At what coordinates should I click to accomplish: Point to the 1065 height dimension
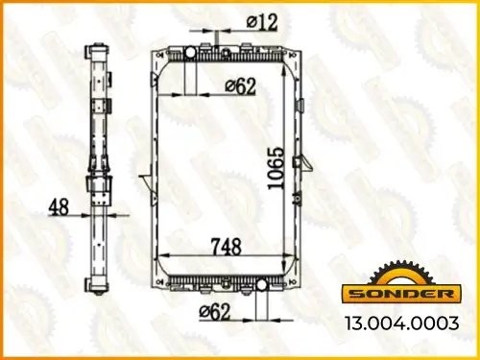(x=276, y=171)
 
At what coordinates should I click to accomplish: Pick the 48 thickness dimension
(x=60, y=206)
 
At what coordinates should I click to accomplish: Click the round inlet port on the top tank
(x=189, y=51)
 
